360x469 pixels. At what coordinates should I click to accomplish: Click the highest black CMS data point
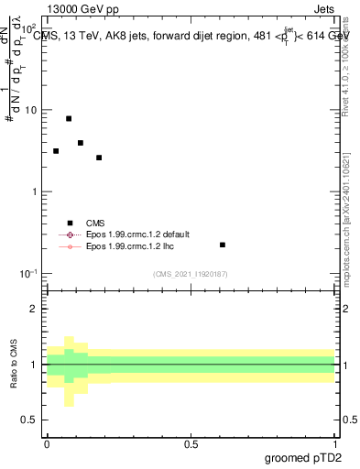pyautogui.click(x=69, y=119)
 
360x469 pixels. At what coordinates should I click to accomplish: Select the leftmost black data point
pyautogui.click(x=56, y=151)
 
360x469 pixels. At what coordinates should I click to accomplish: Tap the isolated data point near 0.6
pyautogui.click(x=223, y=245)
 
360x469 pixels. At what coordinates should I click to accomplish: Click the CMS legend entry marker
pyautogui.click(x=70, y=223)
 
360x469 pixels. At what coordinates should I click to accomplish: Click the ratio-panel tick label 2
pyautogui.click(x=35, y=309)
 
